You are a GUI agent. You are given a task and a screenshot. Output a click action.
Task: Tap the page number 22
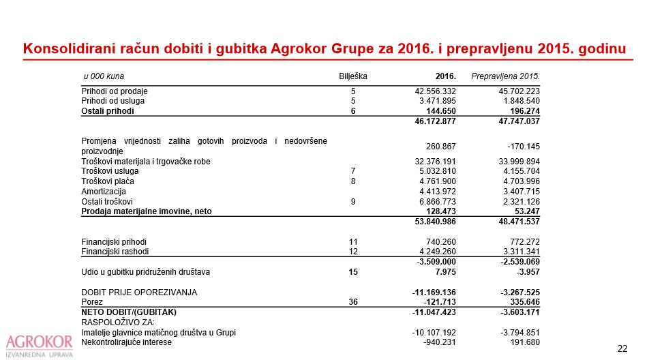pos(622,348)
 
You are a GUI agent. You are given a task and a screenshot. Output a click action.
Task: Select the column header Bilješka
pos(353,75)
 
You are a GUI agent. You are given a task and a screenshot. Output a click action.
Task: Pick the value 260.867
pos(440,146)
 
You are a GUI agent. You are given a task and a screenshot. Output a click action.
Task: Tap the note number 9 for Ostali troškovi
pos(353,202)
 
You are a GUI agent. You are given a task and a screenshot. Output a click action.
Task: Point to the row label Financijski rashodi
pos(115,252)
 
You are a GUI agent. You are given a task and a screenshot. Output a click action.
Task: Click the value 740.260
pos(440,242)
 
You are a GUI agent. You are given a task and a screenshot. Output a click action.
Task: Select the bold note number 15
pos(353,272)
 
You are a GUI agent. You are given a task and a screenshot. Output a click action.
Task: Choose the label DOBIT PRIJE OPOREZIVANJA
pos(139,292)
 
